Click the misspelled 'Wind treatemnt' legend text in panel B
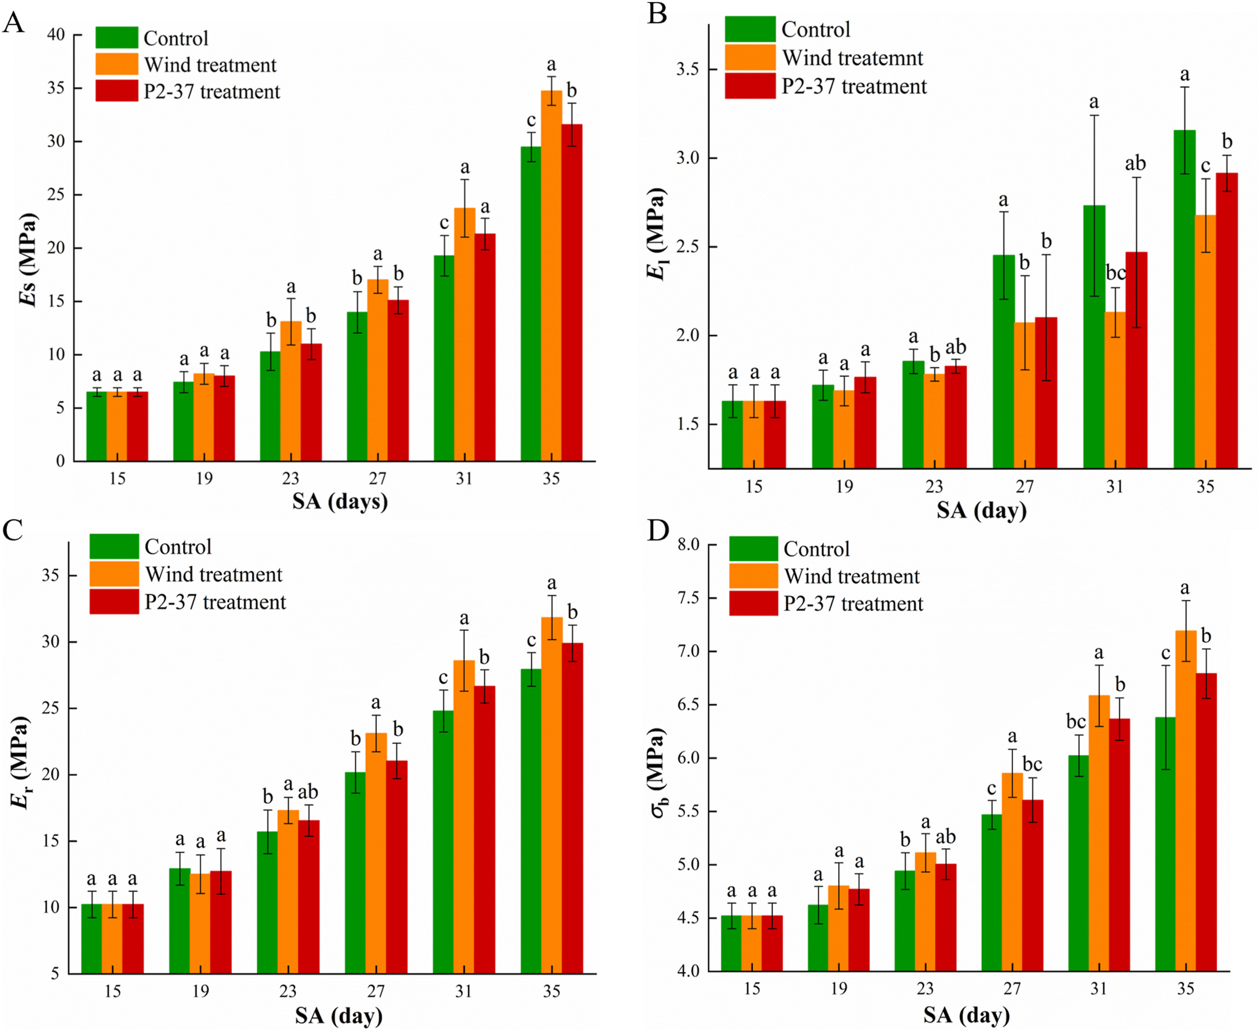pos(852,58)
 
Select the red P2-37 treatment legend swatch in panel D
pos(753,603)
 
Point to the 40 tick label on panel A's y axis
pos(56,35)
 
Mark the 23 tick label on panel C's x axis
pos(288,991)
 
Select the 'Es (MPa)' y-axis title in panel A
pos(27,260)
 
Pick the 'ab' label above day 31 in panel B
pos(1135,163)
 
